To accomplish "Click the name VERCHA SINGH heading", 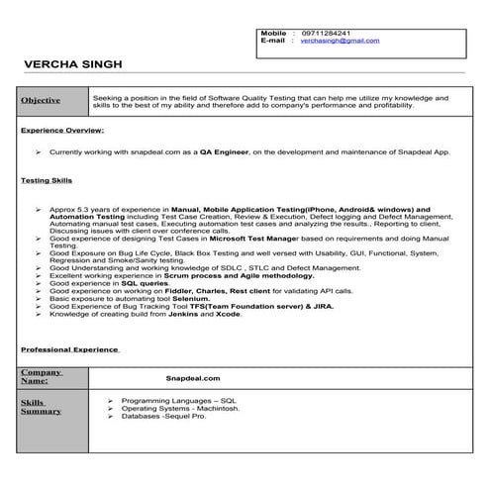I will pos(73,64).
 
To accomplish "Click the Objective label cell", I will pos(42,101).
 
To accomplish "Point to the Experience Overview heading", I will pos(62,130).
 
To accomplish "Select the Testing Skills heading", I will pos(43,181).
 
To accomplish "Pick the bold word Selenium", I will pos(188,299).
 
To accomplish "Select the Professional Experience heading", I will pos(69,349).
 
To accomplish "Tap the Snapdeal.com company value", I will pos(194,377).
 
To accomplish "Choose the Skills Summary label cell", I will pos(36,407).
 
